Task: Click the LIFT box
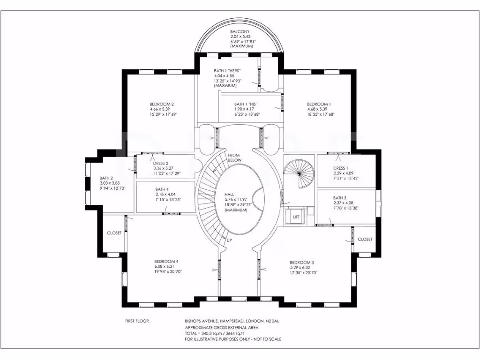tap(296, 217)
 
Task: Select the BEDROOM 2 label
tap(162, 104)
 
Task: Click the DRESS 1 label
tap(340, 168)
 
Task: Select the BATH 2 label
tap(106, 178)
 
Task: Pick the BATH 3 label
tap(341, 198)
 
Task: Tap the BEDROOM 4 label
tap(166, 262)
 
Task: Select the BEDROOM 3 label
tap(301, 262)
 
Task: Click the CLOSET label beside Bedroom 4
tap(114, 233)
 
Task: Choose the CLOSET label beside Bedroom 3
tap(365, 239)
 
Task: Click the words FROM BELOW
tap(234, 157)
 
